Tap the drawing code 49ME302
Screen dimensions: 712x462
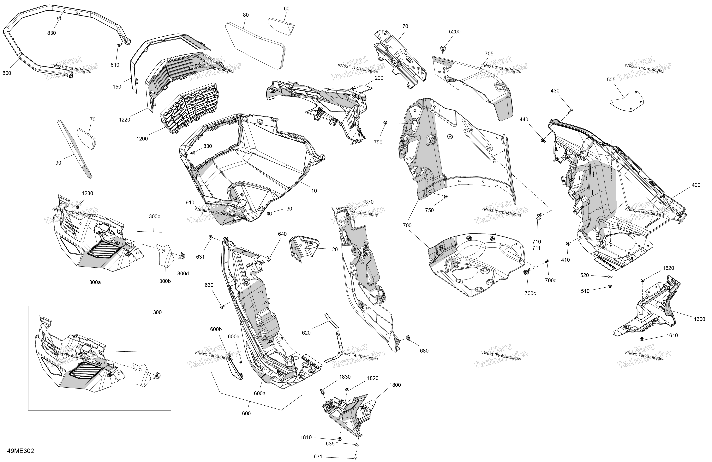tap(21, 451)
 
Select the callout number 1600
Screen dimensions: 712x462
tap(699, 319)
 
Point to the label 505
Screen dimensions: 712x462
tap(611, 80)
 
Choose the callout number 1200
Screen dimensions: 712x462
tap(142, 139)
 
